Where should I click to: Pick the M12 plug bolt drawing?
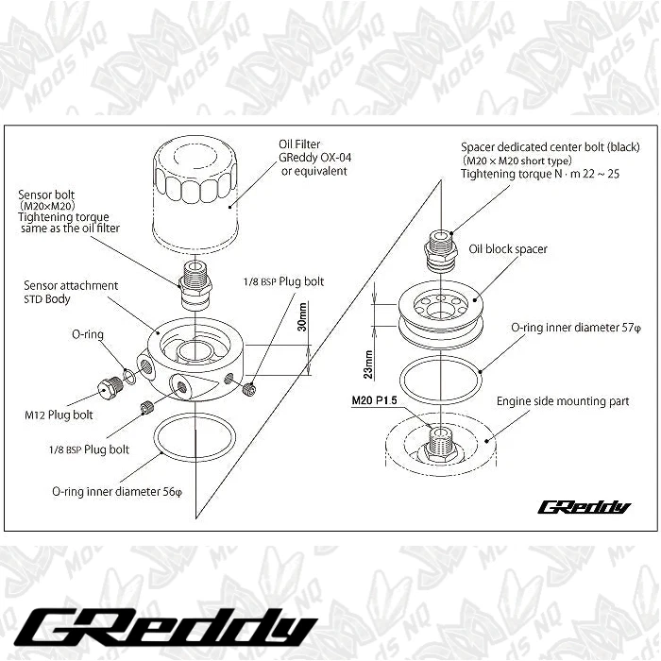point(109,386)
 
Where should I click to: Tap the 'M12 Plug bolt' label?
point(59,414)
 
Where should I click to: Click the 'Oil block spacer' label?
point(508,249)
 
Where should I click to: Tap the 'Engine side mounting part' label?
point(563,401)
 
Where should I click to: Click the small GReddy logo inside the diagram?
point(584,507)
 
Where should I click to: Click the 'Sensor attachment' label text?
point(72,285)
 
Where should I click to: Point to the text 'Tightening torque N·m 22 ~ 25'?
point(540,175)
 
